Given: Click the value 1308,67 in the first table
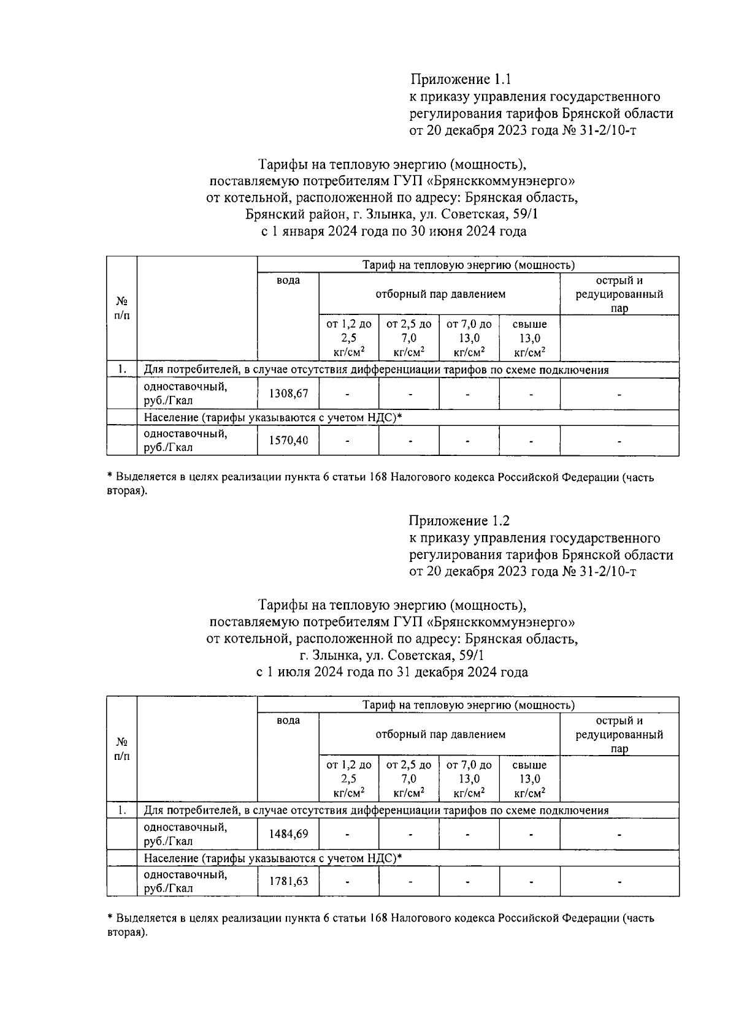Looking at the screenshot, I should (288, 393).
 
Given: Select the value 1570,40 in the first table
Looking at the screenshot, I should (288, 441).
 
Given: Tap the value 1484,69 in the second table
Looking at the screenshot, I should (288, 834).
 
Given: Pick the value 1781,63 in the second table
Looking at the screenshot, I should (288, 881).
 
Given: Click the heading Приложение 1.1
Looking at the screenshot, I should (460, 80).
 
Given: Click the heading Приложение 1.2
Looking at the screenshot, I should (459, 520).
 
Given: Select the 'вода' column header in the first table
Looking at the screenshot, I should (288, 281).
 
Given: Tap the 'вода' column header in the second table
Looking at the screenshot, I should (288, 721).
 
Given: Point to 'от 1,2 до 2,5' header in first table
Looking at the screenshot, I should (348, 338).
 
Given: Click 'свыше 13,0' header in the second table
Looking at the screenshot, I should (529, 778).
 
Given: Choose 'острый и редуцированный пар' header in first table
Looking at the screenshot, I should (619, 294).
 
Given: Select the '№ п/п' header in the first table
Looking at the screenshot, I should (121, 308).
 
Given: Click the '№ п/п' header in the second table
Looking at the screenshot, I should (121, 749).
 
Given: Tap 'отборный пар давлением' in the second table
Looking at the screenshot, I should (440, 734).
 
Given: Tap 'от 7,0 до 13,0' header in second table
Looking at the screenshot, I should (469, 778).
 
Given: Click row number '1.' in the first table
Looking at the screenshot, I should (122, 370).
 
